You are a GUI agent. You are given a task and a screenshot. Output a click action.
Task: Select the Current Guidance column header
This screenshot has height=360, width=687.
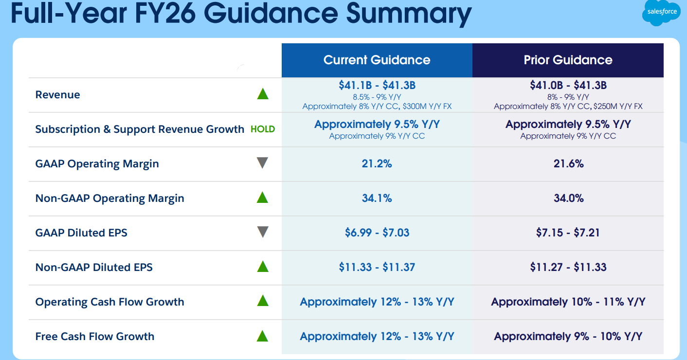pyautogui.click(x=377, y=60)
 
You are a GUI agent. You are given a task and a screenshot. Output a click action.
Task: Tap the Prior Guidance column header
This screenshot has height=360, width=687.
pyautogui.click(x=568, y=60)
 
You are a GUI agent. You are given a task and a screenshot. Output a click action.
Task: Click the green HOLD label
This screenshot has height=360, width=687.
pyautogui.click(x=263, y=129)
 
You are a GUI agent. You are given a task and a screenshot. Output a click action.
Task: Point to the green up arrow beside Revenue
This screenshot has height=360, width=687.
pyautogui.click(x=263, y=94)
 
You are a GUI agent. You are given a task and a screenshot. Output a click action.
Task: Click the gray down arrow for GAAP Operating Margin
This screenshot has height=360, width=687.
pyautogui.click(x=263, y=163)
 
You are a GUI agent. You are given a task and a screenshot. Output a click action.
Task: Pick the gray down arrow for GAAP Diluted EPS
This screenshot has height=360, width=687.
pyautogui.click(x=263, y=232)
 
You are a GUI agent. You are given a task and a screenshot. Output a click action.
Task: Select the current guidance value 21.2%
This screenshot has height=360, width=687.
pyautogui.click(x=377, y=163)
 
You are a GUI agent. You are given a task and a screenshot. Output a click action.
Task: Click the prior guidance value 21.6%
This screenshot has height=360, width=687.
pyautogui.click(x=568, y=163)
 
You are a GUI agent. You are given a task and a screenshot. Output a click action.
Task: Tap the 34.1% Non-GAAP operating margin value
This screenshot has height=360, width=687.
pyautogui.click(x=377, y=198)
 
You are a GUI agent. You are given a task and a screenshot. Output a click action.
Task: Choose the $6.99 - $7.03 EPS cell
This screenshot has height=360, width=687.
pyautogui.click(x=377, y=233)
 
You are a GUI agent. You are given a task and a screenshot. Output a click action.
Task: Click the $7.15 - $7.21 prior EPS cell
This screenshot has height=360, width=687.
pyautogui.click(x=568, y=233)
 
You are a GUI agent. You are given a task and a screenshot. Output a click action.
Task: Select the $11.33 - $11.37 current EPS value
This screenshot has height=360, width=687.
pyautogui.click(x=377, y=267)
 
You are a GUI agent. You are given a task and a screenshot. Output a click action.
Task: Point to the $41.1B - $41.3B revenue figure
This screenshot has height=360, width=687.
pyautogui.click(x=377, y=86)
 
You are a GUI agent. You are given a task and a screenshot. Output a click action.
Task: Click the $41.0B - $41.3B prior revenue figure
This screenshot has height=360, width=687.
pyautogui.click(x=568, y=86)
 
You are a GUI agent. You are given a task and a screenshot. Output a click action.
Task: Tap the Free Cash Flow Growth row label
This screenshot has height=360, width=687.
pyautogui.click(x=95, y=336)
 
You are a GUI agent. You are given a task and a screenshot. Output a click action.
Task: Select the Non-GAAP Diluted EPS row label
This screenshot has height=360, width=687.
pyautogui.click(x=94, y=267)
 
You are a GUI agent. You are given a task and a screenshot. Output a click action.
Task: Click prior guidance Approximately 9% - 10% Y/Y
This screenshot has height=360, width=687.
pyautogui.click(x=568, y=336)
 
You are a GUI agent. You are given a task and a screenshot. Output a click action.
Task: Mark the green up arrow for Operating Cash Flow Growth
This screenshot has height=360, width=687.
pyautogui.click(x=263, y=301)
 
